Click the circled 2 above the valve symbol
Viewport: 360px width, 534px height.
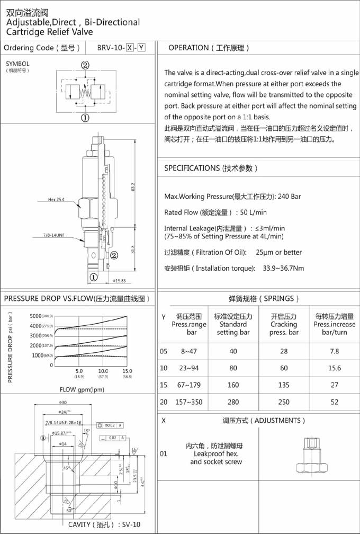click(85, 66)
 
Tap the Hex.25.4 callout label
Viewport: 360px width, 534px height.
click(57, 200)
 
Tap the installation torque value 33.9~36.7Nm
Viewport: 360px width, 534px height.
click(283, 268)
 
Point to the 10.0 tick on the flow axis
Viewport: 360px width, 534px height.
click(103, 371)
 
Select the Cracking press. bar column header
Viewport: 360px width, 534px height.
click(284, 324)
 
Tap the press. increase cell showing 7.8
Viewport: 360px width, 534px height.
click(334, 351)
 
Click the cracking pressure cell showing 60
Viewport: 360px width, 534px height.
click(284, 368)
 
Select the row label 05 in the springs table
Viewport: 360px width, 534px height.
click(164, 351)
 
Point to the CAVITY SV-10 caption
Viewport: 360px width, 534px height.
click(104, 525)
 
